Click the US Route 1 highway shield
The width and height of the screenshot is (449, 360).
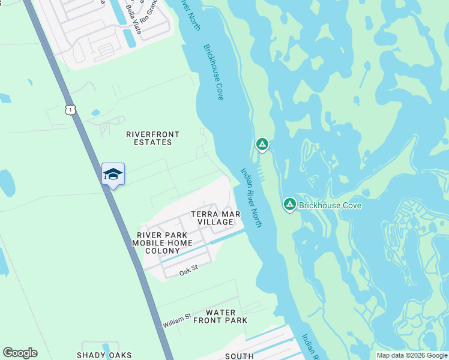point(71,109)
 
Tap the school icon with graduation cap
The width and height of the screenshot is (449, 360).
point(113,174)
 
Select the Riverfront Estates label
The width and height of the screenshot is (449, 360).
point(149,138)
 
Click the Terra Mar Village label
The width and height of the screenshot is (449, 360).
point(215,218)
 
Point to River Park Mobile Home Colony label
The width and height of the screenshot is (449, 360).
point(164,243)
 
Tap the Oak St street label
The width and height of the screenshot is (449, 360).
point(188,273)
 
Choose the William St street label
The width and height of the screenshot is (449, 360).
point(176,320)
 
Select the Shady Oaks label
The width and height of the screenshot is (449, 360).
point(104,355)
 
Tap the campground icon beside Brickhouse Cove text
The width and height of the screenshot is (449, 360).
point(289,205)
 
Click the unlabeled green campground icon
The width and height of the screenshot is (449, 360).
point(262,144)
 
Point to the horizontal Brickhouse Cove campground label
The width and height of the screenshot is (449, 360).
point(330,205)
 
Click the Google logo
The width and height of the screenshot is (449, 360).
point(20,353)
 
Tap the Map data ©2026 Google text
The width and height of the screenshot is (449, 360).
point(412,355)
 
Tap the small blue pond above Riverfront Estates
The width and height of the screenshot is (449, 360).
point(95,112)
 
